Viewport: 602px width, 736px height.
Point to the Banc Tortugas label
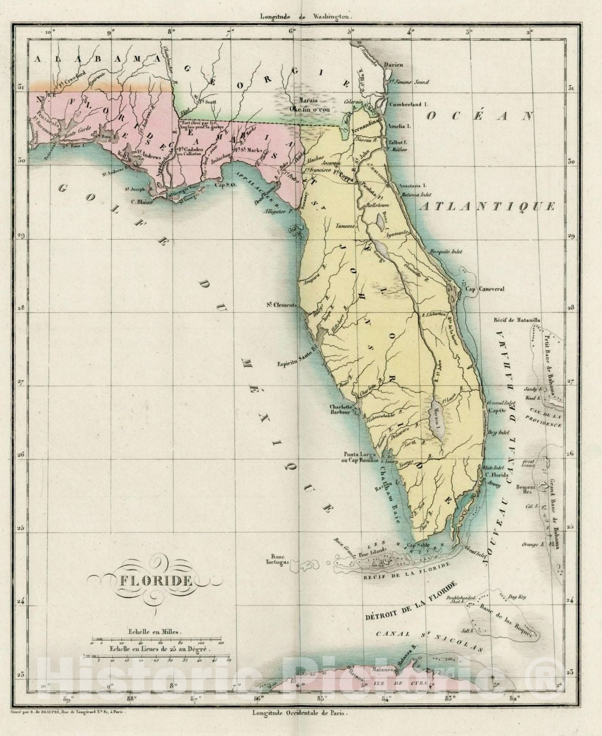[282, 558]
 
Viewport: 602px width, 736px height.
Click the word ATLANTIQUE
[488, 207]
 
